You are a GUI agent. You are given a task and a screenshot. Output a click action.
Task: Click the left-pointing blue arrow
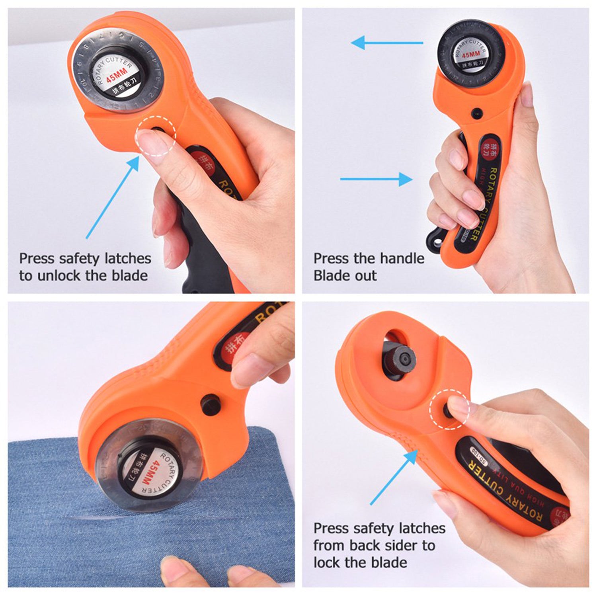tap(386, 43)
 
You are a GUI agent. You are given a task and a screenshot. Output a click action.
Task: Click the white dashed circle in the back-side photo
tap(449, 410)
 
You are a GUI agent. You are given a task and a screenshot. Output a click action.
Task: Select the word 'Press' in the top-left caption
tap(37, 258)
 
